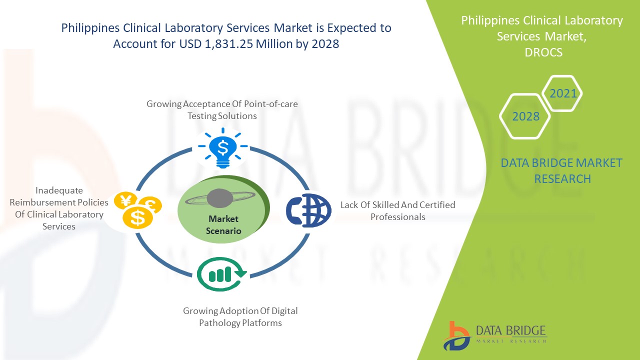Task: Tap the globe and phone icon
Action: click(308, 210)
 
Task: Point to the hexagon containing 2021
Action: click(562, 93)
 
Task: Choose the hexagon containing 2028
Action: click(525, 116)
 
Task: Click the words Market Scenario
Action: click(223, 225)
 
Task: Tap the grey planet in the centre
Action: click(220, 198)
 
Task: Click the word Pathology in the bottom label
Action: click(219, 323)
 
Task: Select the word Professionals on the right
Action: click(398, 217)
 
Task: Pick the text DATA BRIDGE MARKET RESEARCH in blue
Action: click(562, 170)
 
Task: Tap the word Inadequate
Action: click(59, 190)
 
